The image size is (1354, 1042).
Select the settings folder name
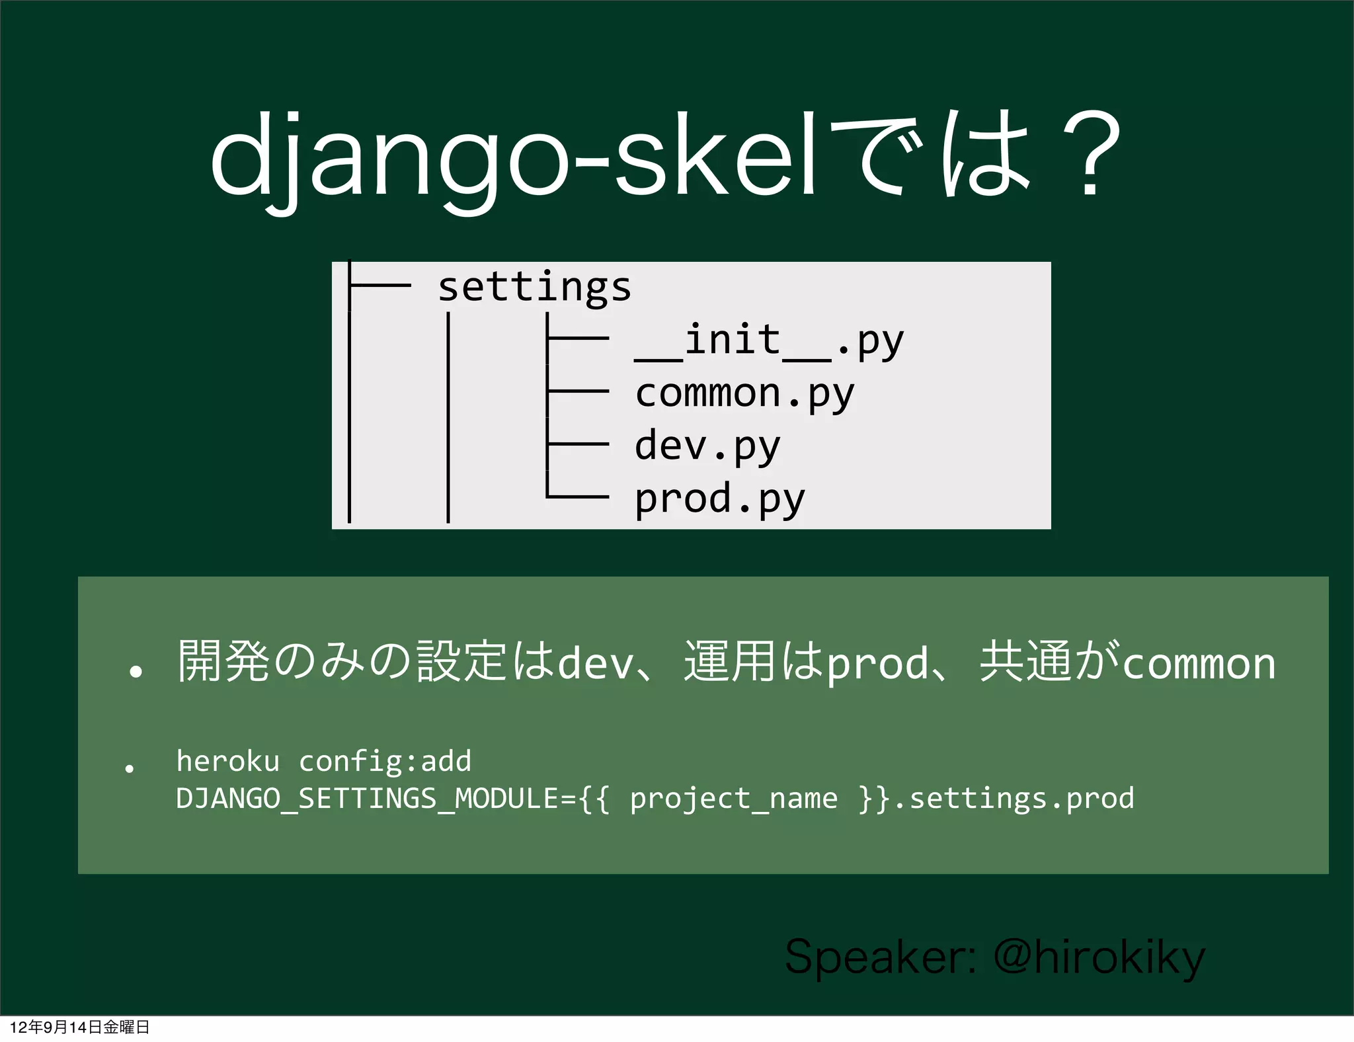click(534, 287)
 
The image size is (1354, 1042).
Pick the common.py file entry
click(744, 394)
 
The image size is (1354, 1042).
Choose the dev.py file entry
click(707, 446)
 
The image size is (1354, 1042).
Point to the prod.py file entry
click(719, 499)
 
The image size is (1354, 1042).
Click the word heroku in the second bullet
click(227, 761)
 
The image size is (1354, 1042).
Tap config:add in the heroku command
click(385, 761)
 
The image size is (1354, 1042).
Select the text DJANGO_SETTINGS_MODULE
click(367, 799)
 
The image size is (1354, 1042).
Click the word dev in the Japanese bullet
click(595, 664)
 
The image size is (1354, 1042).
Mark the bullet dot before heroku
click(130, 768)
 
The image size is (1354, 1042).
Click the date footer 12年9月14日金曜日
click(79, 1027)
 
